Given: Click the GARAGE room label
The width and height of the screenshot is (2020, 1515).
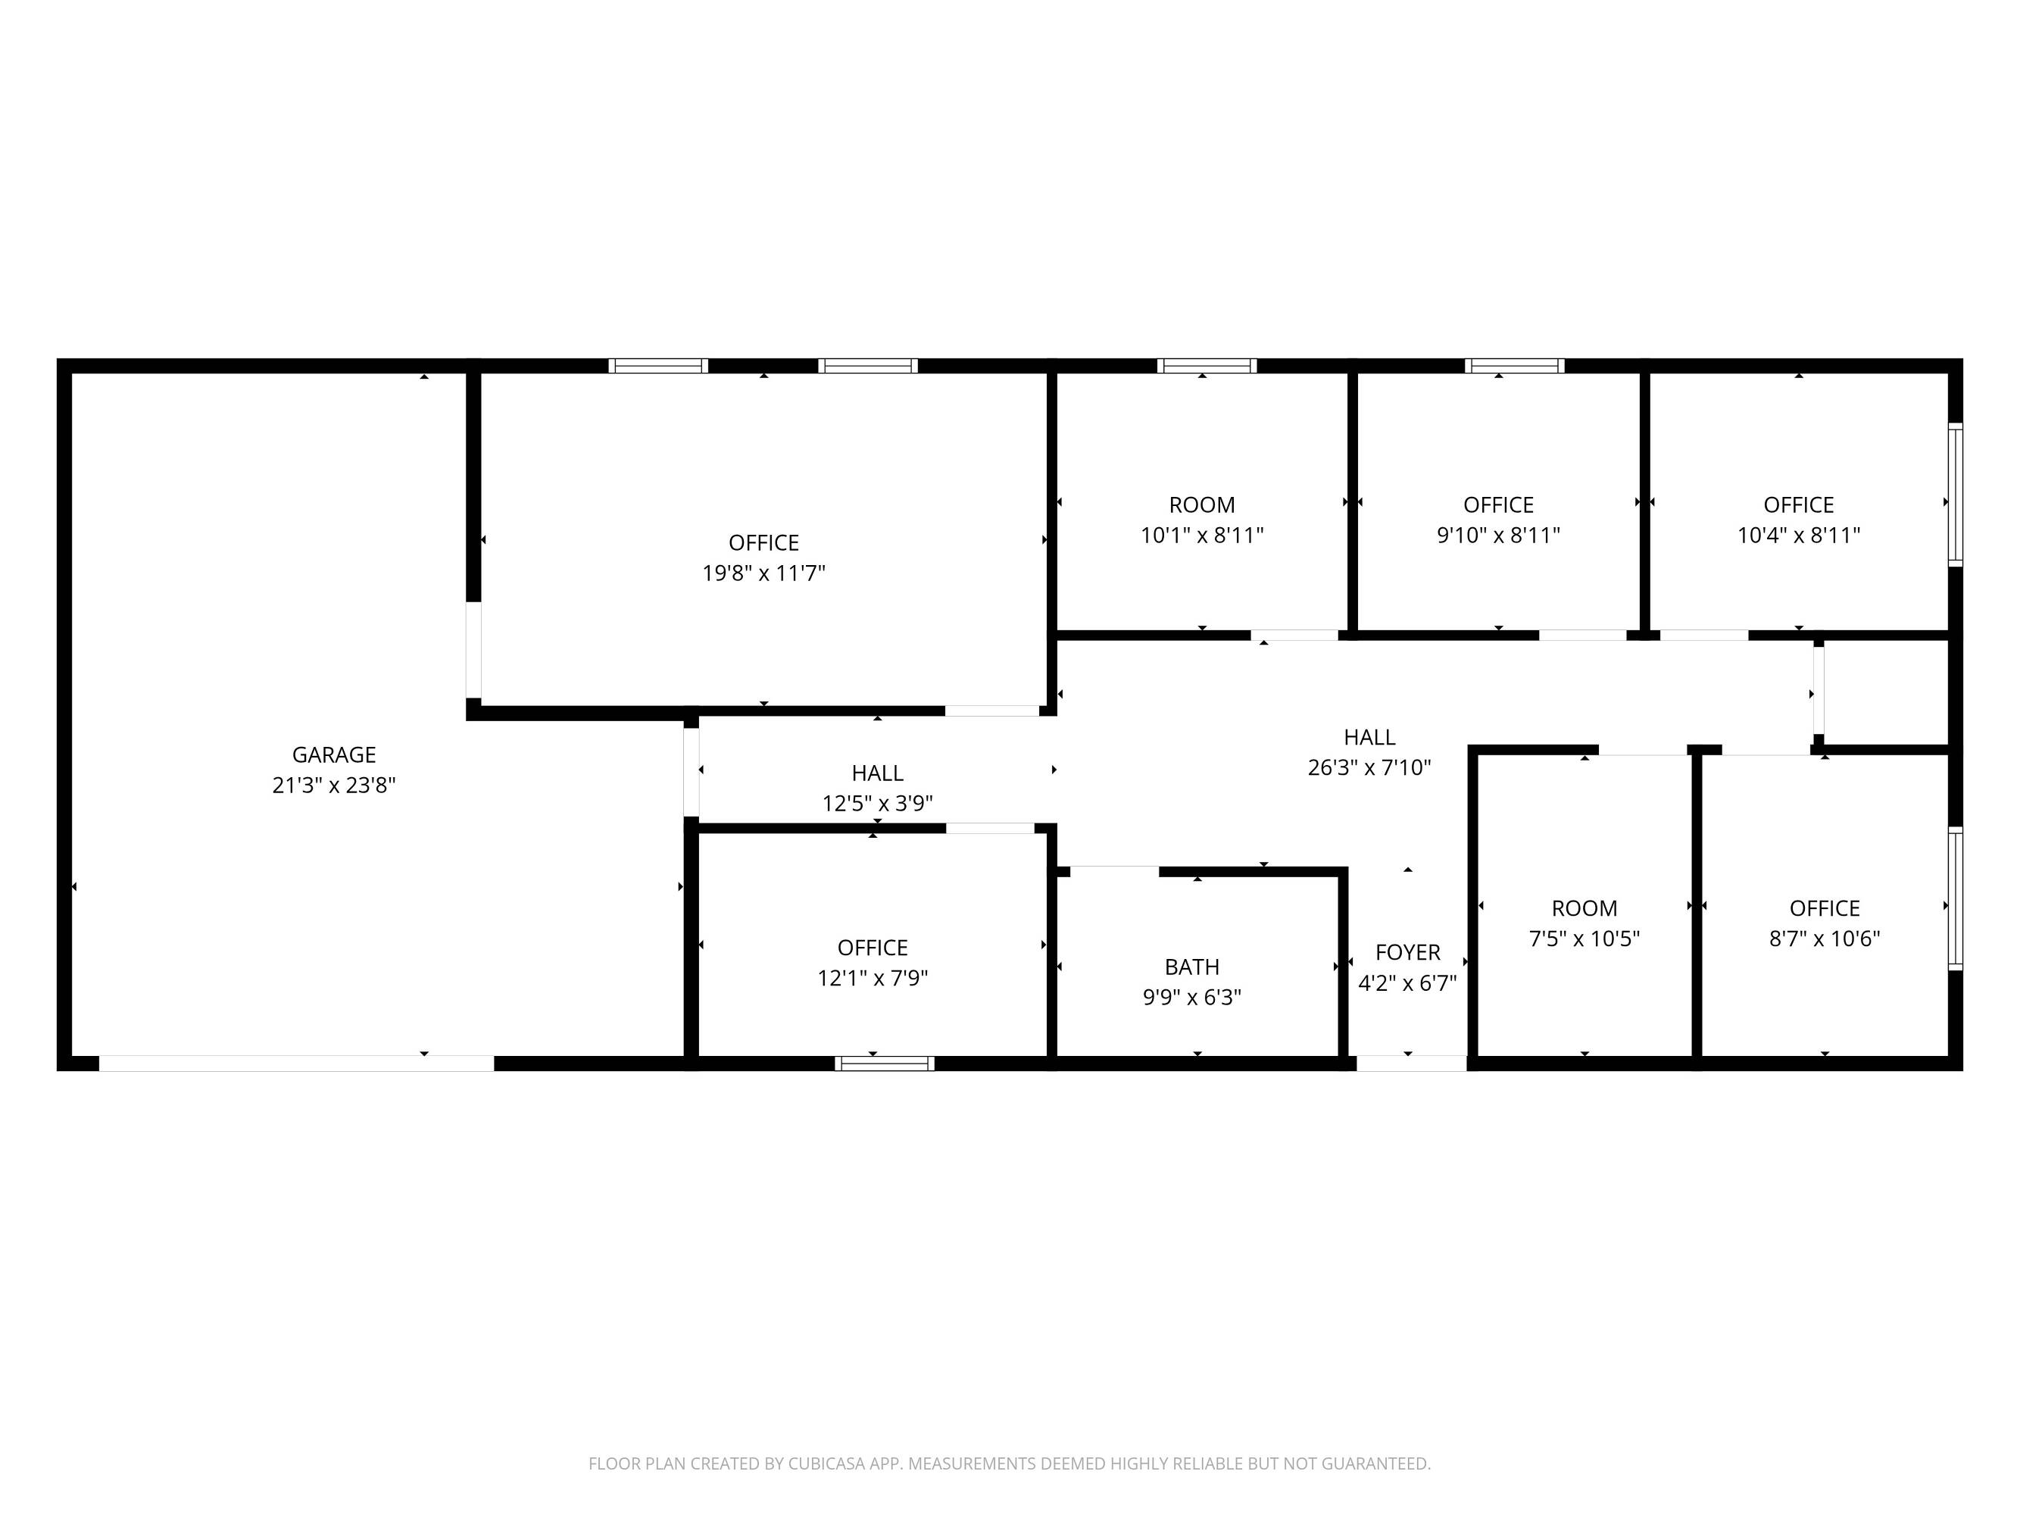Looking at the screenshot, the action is (x=333, y=754).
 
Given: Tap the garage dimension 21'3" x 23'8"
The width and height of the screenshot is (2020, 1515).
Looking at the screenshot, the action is (x=333, y=785).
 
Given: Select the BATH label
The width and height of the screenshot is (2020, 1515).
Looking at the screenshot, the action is (x=1191, y=966).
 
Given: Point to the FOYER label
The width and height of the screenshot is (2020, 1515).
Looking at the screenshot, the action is (x=1407, y=951).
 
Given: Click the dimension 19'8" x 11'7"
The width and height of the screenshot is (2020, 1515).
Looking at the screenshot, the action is (x=763, y=573).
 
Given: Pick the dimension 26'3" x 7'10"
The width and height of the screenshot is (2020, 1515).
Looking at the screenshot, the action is (x=1369, y=767).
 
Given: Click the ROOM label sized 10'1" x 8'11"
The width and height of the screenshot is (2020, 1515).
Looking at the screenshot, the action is (x=1202, y=505).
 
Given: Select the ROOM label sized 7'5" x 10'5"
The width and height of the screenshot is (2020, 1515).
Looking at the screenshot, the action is (x=1584, y=907).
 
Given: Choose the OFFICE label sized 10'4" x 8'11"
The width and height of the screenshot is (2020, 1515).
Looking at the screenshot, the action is (x=1798, y=505).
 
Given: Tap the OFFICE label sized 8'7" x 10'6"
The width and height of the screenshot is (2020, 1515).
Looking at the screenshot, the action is (x=1825, y=907).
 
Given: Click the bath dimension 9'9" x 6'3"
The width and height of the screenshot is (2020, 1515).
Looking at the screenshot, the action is (x=1191, y=996).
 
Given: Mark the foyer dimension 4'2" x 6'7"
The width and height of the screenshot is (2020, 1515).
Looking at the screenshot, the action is (x=1407, y=982).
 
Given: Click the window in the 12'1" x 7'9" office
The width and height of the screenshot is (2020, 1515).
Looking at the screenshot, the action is (x=884, y=1063).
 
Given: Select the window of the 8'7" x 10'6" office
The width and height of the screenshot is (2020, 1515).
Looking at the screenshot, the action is (x=1955, y=898).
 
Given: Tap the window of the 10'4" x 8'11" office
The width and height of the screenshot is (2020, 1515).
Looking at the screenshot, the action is (x=1955, y=494).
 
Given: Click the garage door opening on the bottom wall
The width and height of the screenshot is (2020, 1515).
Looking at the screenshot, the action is (x=297, y=1063).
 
